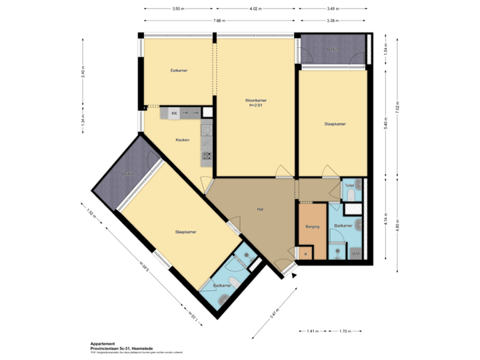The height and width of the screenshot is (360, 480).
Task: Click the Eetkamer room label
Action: tap(178, 70)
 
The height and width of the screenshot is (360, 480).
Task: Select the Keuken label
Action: tap(183, 140)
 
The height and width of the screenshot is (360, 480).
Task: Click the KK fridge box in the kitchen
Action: tap(174, 114)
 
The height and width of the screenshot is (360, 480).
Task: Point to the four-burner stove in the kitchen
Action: tap(207, 157)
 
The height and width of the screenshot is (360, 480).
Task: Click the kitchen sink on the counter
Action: tap(207, 130)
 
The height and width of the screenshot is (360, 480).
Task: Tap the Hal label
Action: tap(261, 209)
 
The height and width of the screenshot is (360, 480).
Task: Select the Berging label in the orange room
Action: tap(312, 227)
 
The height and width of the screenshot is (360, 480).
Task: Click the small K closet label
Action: tap(305, 254)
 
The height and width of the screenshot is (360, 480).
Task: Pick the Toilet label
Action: tap(348, 186)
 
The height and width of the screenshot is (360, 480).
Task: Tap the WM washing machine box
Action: tap(356, 253)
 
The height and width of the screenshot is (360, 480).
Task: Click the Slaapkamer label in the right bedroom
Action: tap(335, 124)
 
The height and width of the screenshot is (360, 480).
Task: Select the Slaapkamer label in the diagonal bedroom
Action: tap(185, 232)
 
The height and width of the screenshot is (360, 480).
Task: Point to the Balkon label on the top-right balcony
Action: tap(332, 49)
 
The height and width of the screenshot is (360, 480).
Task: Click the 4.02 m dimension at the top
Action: tap(255, 9)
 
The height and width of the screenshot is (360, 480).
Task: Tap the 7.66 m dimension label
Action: tap(217, 21)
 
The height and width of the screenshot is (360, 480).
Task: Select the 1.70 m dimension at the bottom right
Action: tap(345, 331)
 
